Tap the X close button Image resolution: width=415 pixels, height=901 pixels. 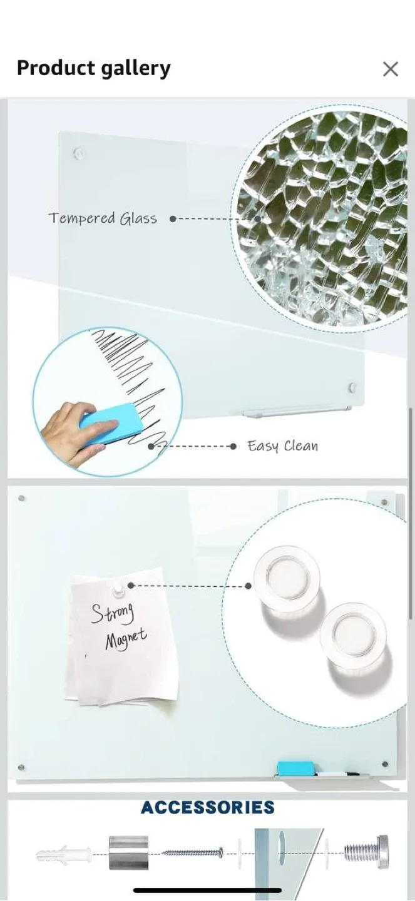[x=390, y=69]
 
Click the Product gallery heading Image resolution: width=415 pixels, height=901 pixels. [x=93, y=68]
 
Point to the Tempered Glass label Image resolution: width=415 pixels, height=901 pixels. [x=103, y=218]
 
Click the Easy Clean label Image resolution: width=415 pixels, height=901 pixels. [x=282, y=446]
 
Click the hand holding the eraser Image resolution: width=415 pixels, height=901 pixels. [x=69, y=432]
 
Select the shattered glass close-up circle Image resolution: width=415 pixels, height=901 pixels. [x=322, y=219]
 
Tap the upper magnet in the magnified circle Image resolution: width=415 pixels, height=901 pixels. [x=286, y=576]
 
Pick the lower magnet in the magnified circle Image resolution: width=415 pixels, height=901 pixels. [x=353, y=634]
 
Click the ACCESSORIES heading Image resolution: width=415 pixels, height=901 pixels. [x=208, y=807]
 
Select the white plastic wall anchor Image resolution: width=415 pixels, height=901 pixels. [x=63, y=853]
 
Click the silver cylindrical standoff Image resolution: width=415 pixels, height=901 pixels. [x=129, y=852]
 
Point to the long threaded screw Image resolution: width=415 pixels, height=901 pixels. [x=193, y=852]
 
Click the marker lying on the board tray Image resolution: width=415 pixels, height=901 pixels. [x=338, y=774]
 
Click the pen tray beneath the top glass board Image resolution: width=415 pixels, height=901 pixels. [x=297, y=412]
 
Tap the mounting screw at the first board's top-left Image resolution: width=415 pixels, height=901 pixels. [x=78, y=152]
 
